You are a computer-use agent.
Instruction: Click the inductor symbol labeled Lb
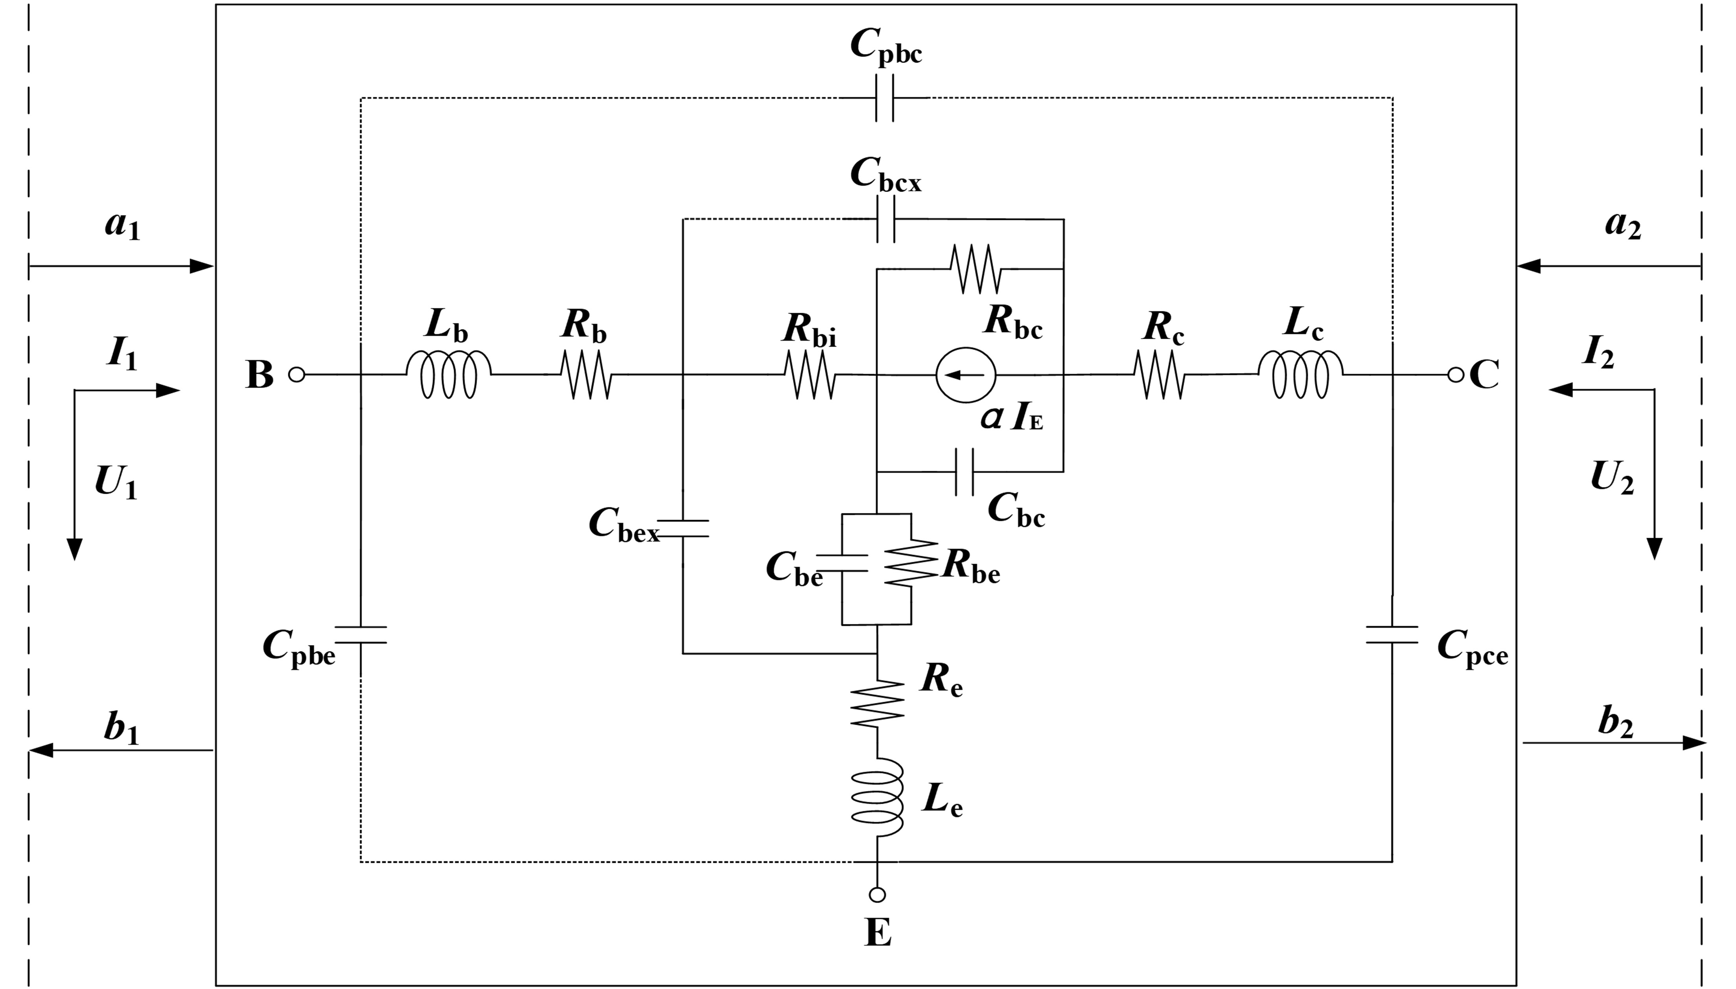click(x=448, y=374)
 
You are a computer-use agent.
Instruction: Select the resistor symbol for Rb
click(x=586, y=374)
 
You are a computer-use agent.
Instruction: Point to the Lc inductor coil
click(x=1300, y=374)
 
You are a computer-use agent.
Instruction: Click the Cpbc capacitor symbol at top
click(x=884, y=98)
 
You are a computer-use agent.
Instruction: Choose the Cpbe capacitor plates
click(x=361, y=635)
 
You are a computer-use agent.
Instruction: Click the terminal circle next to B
click(x=297, y=374)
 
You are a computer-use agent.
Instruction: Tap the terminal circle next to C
click(x=1456, y=374)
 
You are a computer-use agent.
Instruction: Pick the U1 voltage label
click(x=116, y=482)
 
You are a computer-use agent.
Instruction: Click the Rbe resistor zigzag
click(x=910, y=563)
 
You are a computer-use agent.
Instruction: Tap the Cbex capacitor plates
click(x=683, y=528)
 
